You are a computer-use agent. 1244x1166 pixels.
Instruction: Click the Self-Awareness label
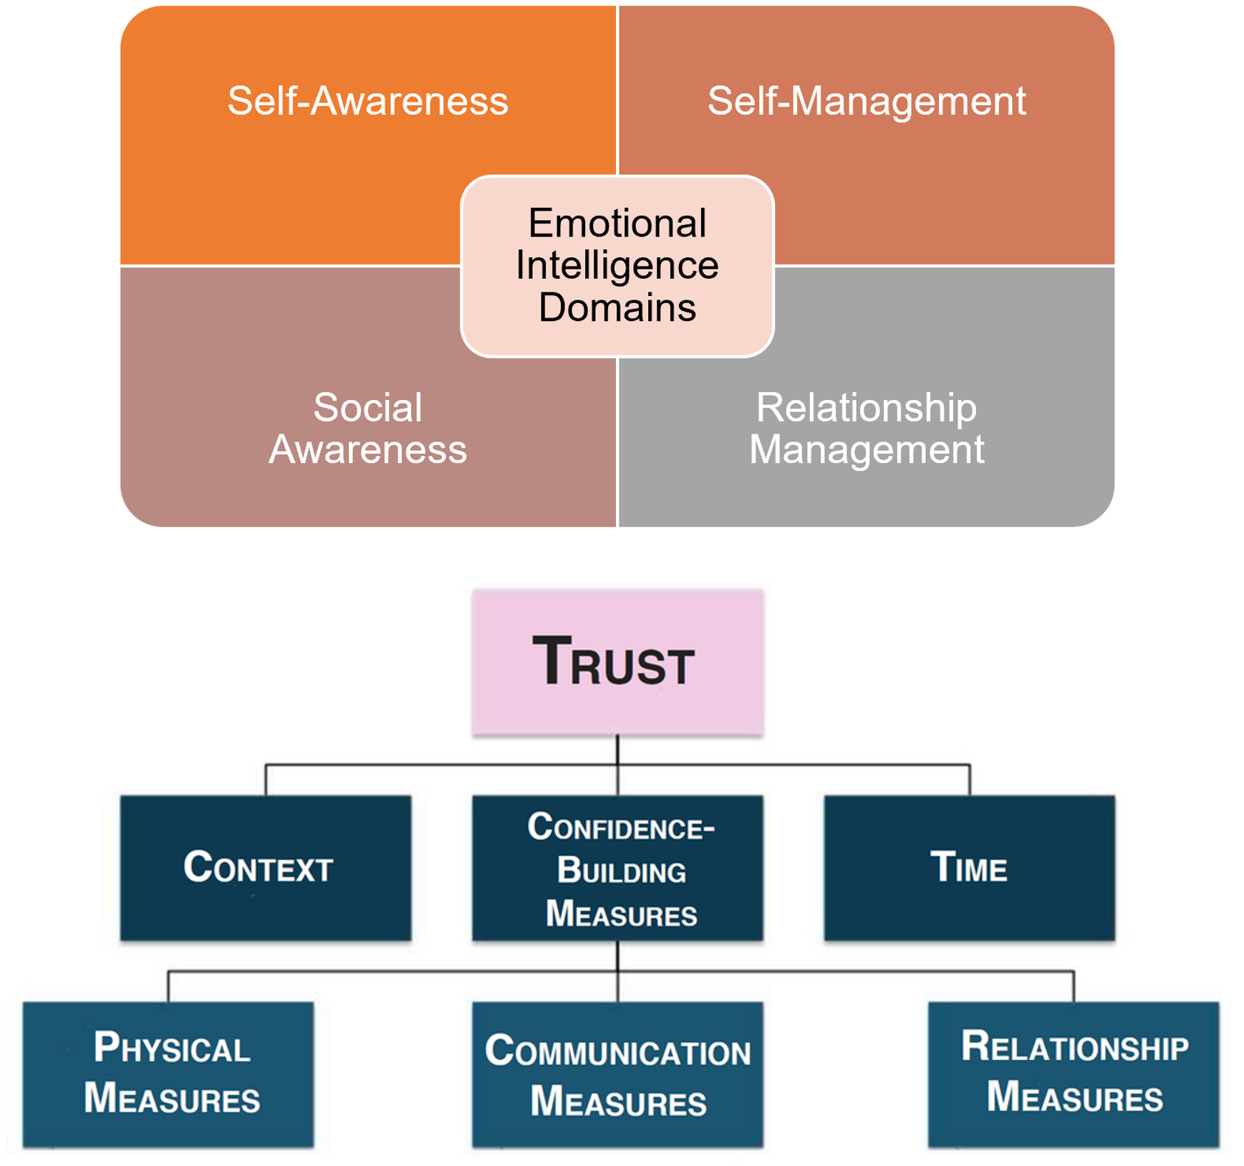click(367, 100)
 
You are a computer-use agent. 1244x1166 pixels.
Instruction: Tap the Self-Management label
click(866, 100)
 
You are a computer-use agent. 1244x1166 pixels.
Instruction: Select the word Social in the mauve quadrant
click(367, 408)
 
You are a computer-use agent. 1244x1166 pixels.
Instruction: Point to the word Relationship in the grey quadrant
click(866, 408)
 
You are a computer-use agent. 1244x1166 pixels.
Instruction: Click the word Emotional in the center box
click(617, 223)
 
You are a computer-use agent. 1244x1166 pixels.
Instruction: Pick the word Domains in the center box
click(617, 307)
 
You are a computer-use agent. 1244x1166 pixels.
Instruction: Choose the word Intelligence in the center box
click(617, 265)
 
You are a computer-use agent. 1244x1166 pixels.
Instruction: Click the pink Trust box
click(617, 662)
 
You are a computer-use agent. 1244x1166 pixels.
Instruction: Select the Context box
click(266, 868)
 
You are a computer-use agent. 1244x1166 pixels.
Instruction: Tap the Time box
click(969, 868)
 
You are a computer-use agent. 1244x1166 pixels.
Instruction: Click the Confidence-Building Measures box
click(617, 868)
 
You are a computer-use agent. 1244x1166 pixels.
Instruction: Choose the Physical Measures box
click(168, 1074)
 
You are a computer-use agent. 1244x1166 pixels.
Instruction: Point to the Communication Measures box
click(617, 1074)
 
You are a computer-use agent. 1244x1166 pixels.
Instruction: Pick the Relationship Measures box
click(1074, 1074)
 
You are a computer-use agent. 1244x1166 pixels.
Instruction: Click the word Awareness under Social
click(367, 450)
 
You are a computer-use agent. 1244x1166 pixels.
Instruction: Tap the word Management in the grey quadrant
click(866, 450)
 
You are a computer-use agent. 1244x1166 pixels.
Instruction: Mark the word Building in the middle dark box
click(621, 871)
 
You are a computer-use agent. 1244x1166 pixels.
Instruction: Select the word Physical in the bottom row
click(172, 1048)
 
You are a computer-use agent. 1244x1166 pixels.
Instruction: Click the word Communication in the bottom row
click(617, 1051)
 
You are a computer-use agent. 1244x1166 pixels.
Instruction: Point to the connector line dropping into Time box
click(970, 780)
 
